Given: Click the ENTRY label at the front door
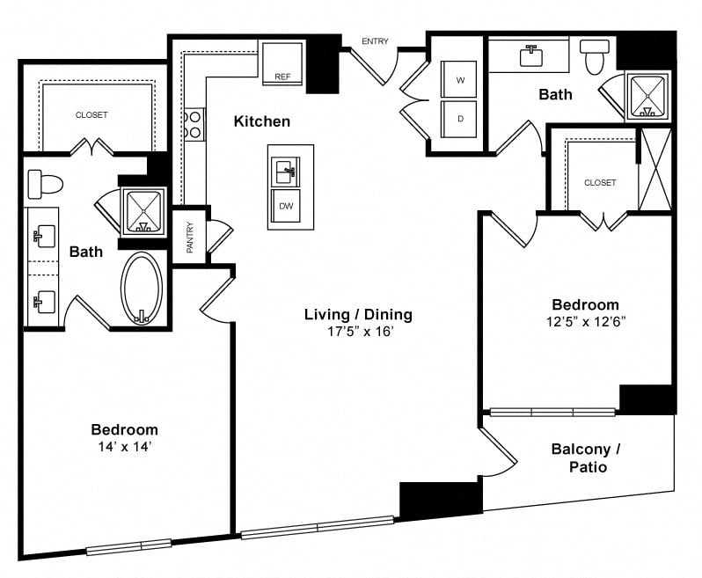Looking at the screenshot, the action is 375,41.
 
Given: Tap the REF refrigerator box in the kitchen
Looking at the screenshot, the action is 282,62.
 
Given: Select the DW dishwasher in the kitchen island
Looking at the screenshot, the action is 286,206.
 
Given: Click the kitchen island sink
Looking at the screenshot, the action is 285,172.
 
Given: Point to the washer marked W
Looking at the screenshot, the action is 459,79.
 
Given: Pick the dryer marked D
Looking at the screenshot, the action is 459,119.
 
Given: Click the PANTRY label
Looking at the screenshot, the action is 190,238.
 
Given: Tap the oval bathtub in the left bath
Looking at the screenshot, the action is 142,288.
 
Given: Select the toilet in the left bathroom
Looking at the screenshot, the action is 45,184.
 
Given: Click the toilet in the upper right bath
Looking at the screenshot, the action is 595,56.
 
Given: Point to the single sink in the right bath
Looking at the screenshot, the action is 531,56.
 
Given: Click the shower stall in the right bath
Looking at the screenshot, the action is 647,97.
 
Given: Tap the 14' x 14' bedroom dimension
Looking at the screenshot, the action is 124,447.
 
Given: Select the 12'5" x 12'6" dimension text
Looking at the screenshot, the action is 586,321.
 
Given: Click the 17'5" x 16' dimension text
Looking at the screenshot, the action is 360,332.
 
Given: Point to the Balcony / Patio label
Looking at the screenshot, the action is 587,457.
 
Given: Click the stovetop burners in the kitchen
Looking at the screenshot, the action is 194,124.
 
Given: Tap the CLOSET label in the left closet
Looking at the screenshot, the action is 91,115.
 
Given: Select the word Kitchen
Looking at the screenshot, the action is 262,121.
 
